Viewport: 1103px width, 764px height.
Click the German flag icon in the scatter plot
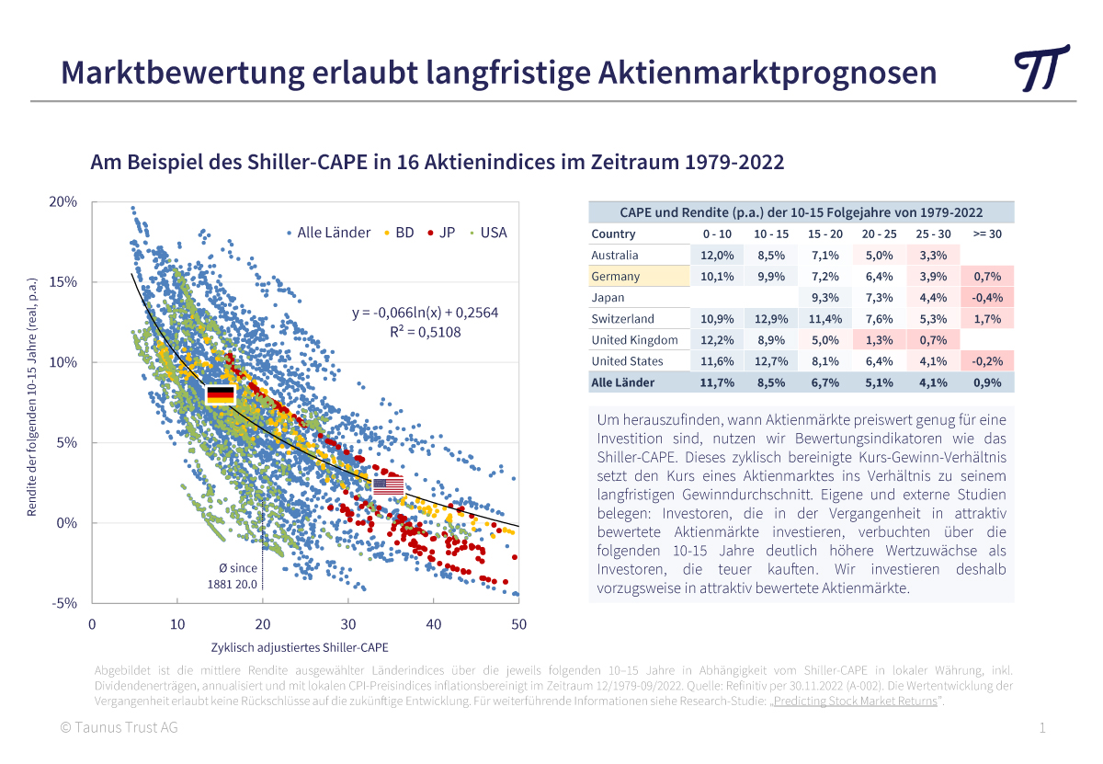click(221, 395)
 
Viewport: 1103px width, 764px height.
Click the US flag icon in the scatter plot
click(388, 485)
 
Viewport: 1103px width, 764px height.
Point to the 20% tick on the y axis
click(63, 201)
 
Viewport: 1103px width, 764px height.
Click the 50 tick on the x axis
click(518, 624)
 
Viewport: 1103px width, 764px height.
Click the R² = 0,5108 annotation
click(425, 332)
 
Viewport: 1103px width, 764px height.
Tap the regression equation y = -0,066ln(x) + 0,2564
click(425, 313)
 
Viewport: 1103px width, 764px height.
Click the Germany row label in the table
click(616, 276)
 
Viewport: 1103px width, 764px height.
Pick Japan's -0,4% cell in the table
click(989, 297)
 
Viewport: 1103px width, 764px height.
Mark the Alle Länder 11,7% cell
click(716, 382)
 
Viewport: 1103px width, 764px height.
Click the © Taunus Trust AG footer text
click(119, 727)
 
